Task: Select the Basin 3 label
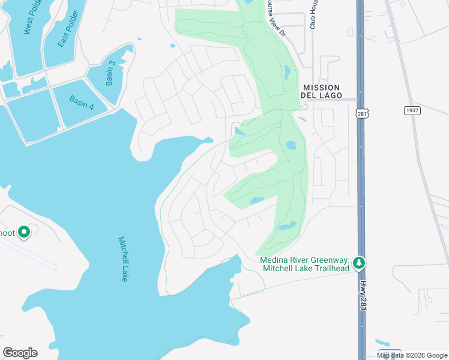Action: click(110, 73)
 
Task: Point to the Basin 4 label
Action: click(82, 103)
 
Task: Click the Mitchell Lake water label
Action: click(122, 259)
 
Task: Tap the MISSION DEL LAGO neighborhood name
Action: click(322, 91)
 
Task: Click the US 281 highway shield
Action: click(361, 113)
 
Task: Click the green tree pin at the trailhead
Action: click(358, 263)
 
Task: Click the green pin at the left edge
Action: click(24, 232)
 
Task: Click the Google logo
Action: click(20, 353)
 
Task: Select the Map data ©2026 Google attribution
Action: click(412, 355)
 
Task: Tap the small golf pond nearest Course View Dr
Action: click(287, 73)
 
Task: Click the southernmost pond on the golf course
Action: click(287, 226)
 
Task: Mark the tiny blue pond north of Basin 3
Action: click(139, 40)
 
